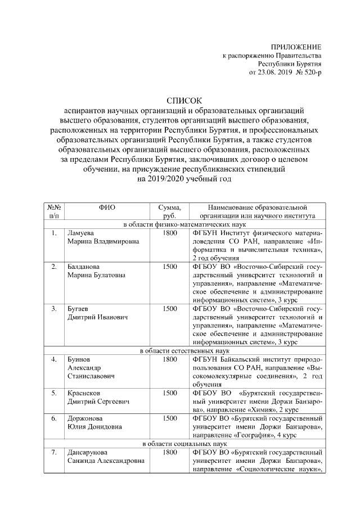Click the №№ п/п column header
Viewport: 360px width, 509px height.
tap(53, 211)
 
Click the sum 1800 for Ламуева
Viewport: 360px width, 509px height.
tap(169, 232)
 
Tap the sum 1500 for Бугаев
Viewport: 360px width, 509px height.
tap(169, 309)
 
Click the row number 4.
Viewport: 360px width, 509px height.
tap(53, 359)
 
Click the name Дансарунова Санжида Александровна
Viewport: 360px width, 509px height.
tap(105, 456)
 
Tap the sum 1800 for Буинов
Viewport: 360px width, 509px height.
tap(169, 359)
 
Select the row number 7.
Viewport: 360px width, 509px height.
tap(53, 452)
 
